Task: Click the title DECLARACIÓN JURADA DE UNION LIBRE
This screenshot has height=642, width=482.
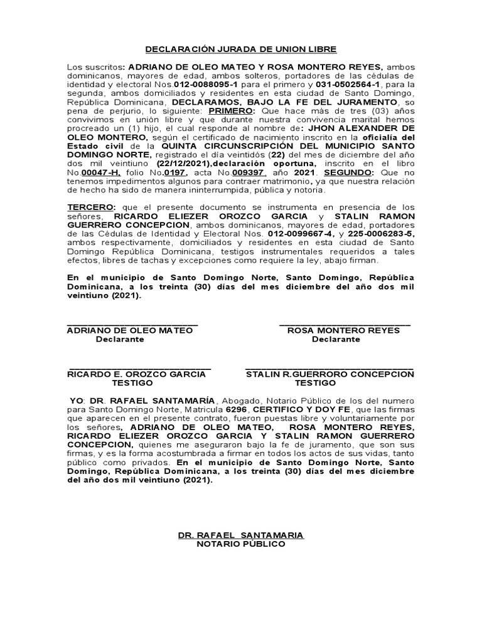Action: pyautogui.click(x=242, y=49)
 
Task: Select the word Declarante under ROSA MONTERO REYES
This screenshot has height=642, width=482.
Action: pyautogui.click(x=336, y=339)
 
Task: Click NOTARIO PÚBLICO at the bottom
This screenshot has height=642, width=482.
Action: pyautogui.click(x=241, y=544)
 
